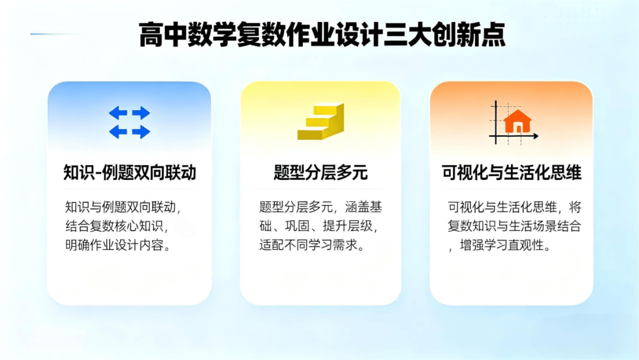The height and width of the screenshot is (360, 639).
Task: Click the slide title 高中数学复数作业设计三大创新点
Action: coord(322,35)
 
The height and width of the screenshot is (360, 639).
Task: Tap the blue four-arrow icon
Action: coord(130,123)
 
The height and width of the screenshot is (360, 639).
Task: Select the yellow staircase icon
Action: coord(321,121)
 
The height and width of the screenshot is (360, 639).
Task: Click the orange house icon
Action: coord(518,121)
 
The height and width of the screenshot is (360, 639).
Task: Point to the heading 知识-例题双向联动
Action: coord(130,172)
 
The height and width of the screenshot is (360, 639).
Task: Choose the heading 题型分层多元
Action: coord(321,172)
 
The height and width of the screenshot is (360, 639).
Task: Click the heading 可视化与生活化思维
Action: coord(511,172)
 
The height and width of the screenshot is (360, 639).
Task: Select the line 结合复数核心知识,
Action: coord(117,226)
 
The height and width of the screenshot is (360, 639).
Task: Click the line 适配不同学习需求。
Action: coord(312,245)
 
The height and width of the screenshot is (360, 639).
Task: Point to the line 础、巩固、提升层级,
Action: coord(319,226)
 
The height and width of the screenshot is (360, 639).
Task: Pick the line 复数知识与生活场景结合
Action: coord(514,226)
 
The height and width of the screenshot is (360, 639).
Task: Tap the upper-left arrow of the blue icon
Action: coord(118,112)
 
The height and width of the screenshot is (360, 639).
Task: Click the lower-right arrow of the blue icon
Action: coord(141,131)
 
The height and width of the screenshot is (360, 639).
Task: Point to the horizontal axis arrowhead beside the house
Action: coord(536,136)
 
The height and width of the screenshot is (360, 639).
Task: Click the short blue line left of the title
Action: coord(56,34)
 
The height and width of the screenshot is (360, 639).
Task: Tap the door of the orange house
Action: coord(518,128)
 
